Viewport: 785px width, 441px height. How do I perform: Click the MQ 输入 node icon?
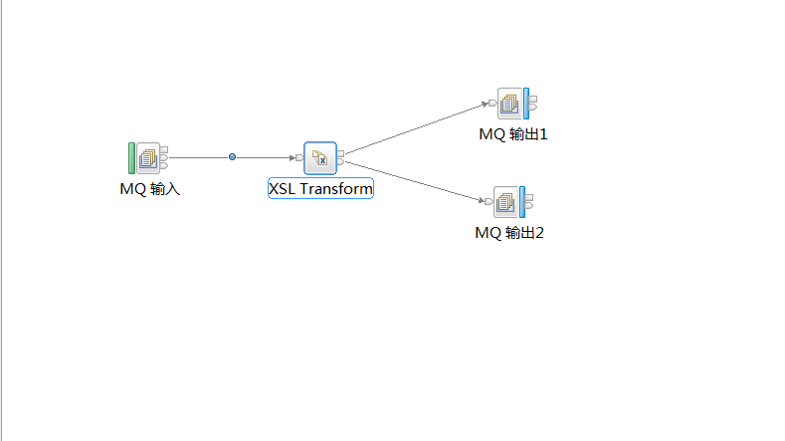click(x=148, y=158)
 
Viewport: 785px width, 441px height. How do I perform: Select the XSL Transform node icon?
click(x=320, y=157)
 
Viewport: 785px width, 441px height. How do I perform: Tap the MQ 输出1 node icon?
click(x=509, y=103)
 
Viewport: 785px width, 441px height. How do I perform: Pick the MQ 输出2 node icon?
click(x=506, y=202)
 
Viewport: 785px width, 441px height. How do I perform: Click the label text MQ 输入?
click(x=150, y=188)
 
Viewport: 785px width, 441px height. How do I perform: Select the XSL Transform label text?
click(x=320, y=188)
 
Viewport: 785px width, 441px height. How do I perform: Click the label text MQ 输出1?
click(x=513, y=134)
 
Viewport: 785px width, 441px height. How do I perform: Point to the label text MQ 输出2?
click(x=509, y=233)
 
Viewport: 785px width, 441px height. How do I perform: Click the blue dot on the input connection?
click(x=232, y=157)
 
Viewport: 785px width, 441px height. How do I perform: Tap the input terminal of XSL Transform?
click(x=299, y=157)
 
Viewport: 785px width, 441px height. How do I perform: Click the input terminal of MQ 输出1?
click(x=492, y=103)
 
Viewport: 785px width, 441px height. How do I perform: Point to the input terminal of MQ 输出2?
click(x=490, y=202)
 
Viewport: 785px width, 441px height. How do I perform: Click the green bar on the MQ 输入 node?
click(x=131, y=158)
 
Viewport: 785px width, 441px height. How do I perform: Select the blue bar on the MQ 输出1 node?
click(x=525, y=103)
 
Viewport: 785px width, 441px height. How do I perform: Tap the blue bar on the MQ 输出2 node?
click(x=522, y=202)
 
